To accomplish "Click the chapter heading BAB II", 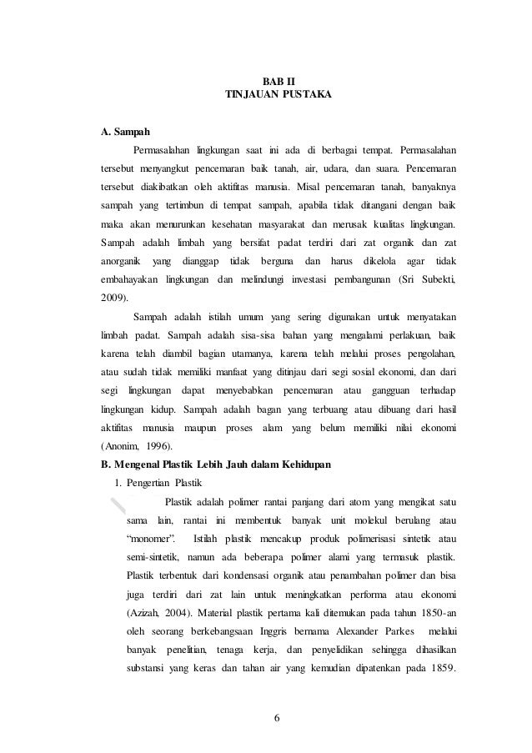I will [279, 80].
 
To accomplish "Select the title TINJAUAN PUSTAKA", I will [279, 95].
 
